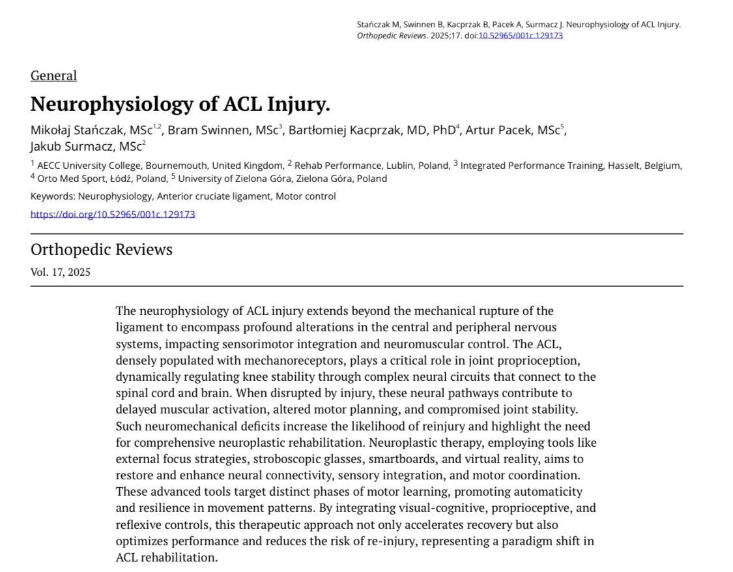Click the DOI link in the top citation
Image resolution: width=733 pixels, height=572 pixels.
[x=521, y=35]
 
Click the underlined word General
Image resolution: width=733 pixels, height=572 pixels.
[x=53, y=76]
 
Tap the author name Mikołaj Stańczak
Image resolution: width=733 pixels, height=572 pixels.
[x=79, y=130]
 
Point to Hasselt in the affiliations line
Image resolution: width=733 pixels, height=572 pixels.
[x=625, y=166]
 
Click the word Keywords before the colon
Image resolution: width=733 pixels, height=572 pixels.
[x=53, y=196]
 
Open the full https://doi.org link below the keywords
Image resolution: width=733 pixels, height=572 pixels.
[x=113, y=214]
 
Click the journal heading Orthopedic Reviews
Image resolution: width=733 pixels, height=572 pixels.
[x=102, y=250]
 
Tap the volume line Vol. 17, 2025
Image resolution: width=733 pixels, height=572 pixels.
[x=61, y=273]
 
